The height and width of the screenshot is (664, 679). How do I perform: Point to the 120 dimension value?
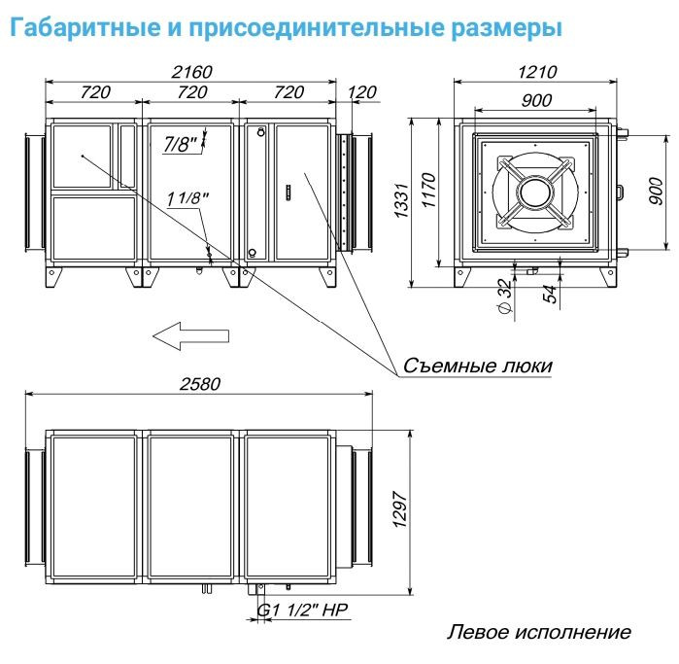click(x=361, y=92)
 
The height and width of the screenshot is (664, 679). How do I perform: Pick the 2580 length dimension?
click(x=198, y=383)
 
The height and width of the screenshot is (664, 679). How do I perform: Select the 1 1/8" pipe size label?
click(x=187, y=199)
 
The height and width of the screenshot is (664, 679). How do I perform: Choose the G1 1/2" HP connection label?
click(x=303, y=611)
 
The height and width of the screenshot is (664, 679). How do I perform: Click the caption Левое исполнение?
click(x=538, y=633)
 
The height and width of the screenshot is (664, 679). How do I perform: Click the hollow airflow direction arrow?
click(x=190, y=336)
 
